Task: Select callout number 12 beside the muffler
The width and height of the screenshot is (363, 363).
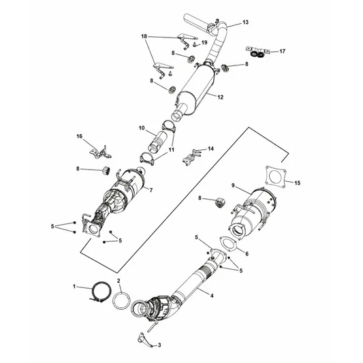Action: point(220,97)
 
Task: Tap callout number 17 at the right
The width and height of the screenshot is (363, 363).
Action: point(283,51)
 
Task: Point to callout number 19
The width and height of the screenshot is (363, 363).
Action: point(204,43)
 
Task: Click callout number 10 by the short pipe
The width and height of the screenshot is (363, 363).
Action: point(142,127)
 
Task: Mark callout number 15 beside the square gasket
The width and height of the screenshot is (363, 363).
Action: point(296,183)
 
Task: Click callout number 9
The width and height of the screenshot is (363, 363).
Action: point(233,185)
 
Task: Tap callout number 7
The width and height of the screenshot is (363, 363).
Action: point(151,190)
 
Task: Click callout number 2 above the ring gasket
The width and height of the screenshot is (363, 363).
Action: point(119,281)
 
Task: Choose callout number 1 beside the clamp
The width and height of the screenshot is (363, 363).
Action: point(76,287)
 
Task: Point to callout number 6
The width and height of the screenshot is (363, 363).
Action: point(247,253)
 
